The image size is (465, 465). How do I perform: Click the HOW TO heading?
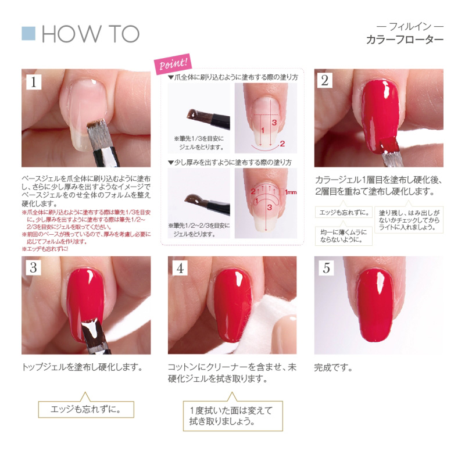coord(91,34)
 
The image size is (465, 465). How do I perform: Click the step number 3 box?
coord(34,268)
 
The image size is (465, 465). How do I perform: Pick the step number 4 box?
coord(180,268)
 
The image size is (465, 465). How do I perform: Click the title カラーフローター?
coord(405,41)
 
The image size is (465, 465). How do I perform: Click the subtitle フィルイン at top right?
coord(410,26)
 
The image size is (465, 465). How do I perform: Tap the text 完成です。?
coord(334,368)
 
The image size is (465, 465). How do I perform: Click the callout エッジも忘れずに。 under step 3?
coord(86,409)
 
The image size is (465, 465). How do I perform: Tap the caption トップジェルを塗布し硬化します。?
coord(82,368)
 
